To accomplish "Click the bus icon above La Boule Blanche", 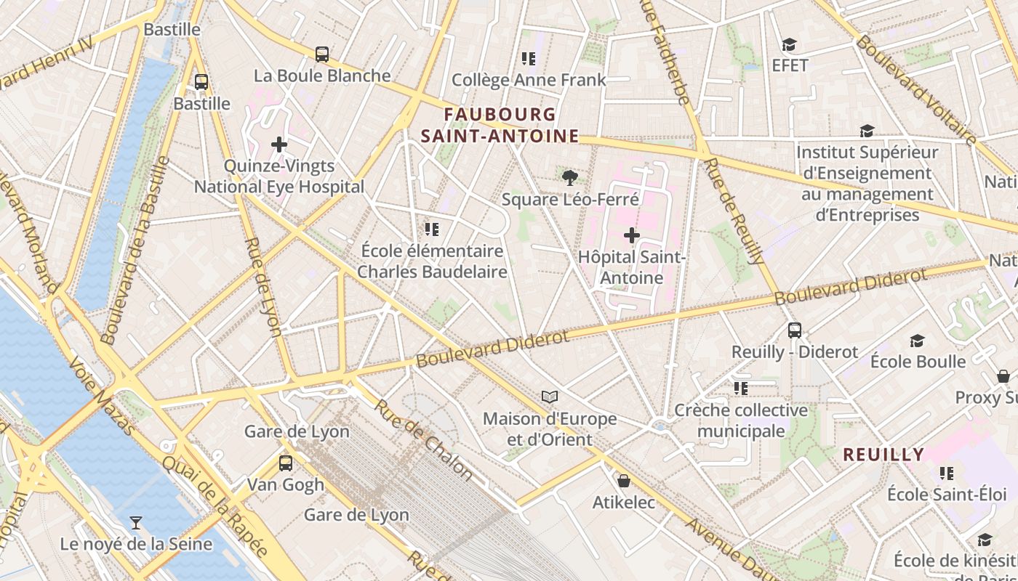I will (x=321, y=54).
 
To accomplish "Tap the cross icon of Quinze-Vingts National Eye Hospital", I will (x=279, y=145).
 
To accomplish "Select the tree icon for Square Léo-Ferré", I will (x=570, y=177).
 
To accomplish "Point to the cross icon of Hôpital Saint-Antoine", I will (x=632, y=235).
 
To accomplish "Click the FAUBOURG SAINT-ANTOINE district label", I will (x=500, y=126).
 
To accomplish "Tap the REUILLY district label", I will (x=883, y=455).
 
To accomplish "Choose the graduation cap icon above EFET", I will (x=789, y=45).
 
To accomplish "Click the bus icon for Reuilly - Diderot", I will (x=795, y=330).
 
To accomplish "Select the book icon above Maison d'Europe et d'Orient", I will (x=550, y=397).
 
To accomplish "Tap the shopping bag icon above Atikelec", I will (x=623, y=481).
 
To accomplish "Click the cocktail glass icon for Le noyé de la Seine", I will (x=135, y=522).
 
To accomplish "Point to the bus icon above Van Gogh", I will (x=286, y=463).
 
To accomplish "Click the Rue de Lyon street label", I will (x=263, y=288).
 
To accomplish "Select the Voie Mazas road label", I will (x=103, y=396).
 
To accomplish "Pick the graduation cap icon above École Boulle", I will (x=918, y=341).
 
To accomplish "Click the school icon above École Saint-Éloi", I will (x=946, y=474).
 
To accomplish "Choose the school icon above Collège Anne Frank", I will (x=529, y=59).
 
